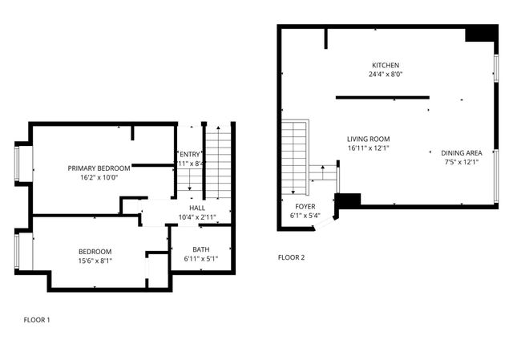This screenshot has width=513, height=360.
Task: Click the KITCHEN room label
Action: (x=385, y=65)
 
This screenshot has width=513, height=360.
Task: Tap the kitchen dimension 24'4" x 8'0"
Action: (x=385, y=74)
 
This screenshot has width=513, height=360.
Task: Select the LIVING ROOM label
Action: (x=368, y=139)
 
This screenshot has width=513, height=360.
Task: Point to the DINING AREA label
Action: (x=461, y=152)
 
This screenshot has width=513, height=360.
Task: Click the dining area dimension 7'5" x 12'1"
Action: (x=461, y=162)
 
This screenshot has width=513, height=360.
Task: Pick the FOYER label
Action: (x=305, y=206)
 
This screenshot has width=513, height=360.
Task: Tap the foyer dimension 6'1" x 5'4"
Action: (x=305, y=215)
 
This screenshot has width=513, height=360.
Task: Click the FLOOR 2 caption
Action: (x=291, y=257)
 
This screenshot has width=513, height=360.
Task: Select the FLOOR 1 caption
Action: (x=36, y=320)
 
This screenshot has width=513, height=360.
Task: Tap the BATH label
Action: (x=200, y=249)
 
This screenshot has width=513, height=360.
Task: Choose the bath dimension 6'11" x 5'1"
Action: (x=200, y=259)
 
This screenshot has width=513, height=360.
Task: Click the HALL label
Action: (x=196, y=208)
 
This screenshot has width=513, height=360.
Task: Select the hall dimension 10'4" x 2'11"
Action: (x=196, y=217)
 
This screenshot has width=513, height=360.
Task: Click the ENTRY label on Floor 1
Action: (x=191, y=154)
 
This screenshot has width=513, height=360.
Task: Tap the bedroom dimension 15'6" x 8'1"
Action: (x=95, y=261)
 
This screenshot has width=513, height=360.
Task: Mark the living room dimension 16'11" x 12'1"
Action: (x=368, y=148)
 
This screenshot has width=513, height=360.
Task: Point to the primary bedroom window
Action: (x=19, y=164)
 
